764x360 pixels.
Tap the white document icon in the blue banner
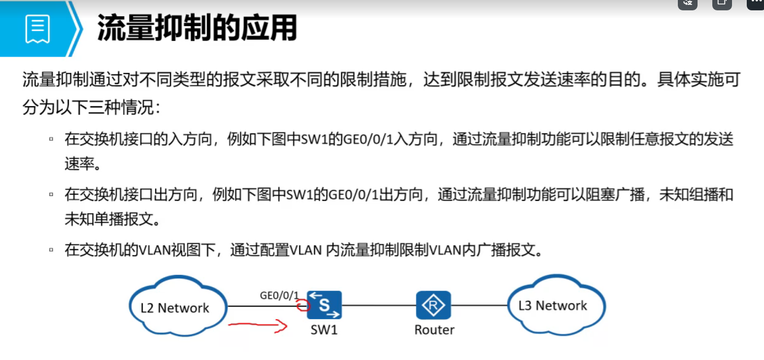(38, 29)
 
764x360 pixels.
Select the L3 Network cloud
(553, 305)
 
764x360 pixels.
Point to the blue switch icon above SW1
(324, 305)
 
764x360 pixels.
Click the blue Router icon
(433, 305)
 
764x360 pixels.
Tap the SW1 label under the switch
(324, 329)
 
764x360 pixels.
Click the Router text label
(434, 329)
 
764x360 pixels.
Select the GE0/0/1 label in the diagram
(279, 295)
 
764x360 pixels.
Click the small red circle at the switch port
(302, 306)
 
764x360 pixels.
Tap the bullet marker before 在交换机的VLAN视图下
(51, 250)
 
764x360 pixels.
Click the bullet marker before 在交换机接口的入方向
(51, 139)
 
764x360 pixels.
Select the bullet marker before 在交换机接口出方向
(51, 195)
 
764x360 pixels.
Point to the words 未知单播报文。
(113, 220)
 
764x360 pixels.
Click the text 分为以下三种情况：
(91, 108)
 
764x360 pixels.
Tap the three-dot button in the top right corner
(756, 2)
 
